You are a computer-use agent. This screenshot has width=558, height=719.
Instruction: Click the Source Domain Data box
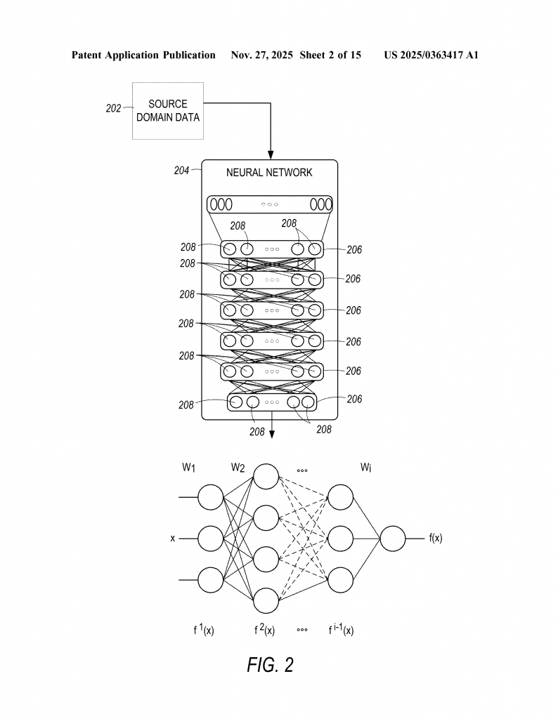(168, 110)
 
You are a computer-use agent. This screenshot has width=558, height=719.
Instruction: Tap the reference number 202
(114, 109)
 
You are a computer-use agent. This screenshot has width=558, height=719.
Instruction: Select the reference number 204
(181, 170)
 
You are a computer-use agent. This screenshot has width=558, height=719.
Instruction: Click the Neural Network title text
(269, 172)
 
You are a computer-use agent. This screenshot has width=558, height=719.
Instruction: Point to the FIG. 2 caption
(271, 665)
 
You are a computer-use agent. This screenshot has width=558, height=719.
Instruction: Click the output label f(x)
(435, 539)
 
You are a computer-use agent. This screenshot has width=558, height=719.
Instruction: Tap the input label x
(172, 539)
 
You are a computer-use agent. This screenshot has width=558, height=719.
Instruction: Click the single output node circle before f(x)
(393, 539)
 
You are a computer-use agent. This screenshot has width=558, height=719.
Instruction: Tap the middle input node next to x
(210, 539)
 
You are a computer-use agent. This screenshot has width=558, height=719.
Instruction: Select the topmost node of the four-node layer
(266, 477)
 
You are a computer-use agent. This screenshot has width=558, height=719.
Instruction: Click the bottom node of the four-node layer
(266, 601)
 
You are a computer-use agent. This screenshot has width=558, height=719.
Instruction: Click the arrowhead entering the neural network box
(270, 155)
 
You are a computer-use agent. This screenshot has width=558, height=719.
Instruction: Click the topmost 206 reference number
(353, 249)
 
